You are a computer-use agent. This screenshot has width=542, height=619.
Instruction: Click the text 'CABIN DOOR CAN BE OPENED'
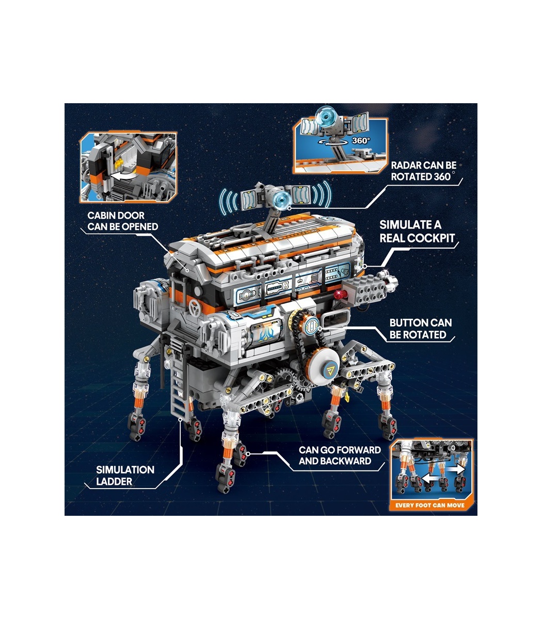pyautogui.click(x=123, y=221)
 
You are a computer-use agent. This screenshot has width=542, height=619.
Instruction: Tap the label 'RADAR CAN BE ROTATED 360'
pyautogui.click(x=423, y=171)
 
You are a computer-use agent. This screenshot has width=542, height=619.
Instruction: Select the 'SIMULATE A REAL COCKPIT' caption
pyautogui.click(x=417, y=232)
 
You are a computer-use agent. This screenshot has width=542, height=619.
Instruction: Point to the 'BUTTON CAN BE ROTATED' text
pyautogui.click(x=420, y=329)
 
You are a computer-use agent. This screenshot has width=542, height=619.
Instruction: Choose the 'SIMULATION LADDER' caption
pyautogui.click(x=125, y=475)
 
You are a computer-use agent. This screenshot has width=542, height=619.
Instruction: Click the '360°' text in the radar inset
pyautogui.click(x=361, y=140)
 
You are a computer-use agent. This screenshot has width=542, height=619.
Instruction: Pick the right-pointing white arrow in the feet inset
pyautogui.click(x=456, y=469)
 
